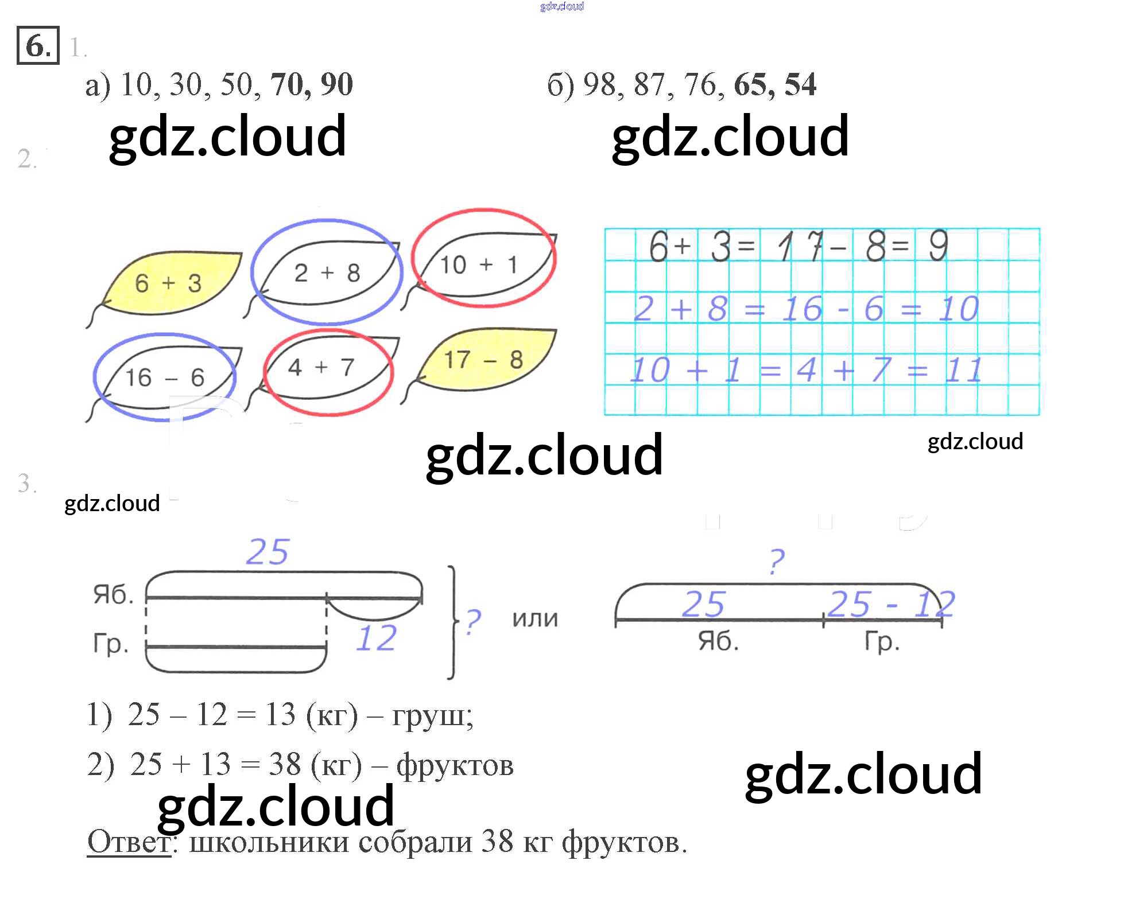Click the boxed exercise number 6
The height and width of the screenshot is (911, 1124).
click(x=38, y=45)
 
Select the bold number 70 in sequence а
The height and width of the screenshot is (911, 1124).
click(x=286, y=85)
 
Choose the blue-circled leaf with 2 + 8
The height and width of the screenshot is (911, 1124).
click(x=327, y=273)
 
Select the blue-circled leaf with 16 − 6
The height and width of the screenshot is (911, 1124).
click(x=165, y=377)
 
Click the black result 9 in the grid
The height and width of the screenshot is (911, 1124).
click(x=938, y=246)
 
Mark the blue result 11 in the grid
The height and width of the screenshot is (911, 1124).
click(x=964, y=370)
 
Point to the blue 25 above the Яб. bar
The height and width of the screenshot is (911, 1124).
click(x=268, y=552)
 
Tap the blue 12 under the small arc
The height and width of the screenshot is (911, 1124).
click(x=377, y=639)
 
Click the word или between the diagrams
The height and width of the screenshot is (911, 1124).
click(x=535, y=619)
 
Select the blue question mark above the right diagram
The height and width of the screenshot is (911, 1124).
click(x=776, y=562)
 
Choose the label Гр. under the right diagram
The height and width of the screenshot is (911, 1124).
click(x=882, y=642)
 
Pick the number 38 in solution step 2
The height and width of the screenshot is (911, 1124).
click(x=285, y=764)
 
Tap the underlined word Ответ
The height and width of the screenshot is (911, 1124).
click(x=129, y=842)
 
